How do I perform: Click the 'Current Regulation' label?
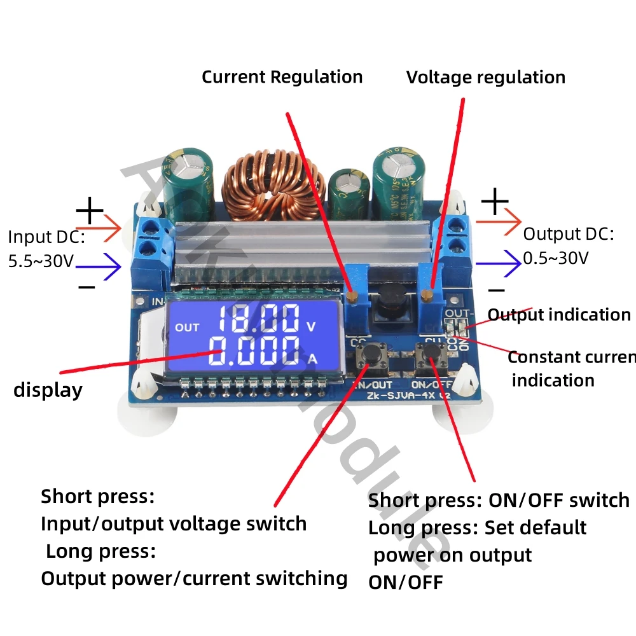[282, 77]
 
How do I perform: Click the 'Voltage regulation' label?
[486, 78]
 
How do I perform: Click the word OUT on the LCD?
[187, 328]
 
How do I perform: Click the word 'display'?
[48, 390]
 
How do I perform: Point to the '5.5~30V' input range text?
[41, 261]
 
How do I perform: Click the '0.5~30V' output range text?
[556, 258]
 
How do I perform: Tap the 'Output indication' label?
[558, 315]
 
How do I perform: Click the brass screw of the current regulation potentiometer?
[352, 294]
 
